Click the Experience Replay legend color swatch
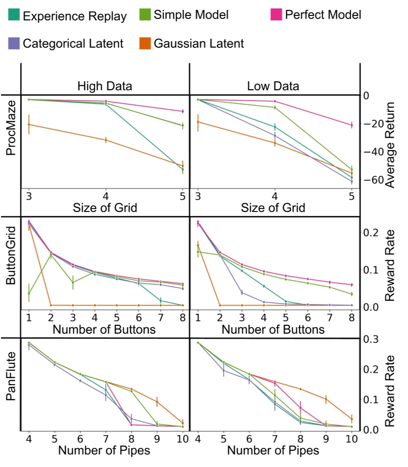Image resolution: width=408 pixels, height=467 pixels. click(x=14, y=15)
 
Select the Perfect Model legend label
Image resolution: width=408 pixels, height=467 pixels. click(x=323, y=14)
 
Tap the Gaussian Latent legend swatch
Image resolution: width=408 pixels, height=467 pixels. click(x=145, y=43)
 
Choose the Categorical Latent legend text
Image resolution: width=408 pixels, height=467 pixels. click(x=73, y=43)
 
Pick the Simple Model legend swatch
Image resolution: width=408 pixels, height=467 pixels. click(x=145, y=15)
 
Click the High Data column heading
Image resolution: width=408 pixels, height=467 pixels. click(x=105, y=86)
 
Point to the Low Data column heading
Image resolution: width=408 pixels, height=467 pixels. click(x=273, y=86)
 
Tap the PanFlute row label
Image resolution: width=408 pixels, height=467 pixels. click(x=11, y=383)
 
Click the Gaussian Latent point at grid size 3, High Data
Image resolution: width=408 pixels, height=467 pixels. click(x=29, y=124)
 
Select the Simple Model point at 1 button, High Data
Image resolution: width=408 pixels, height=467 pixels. click(x=29, y=293)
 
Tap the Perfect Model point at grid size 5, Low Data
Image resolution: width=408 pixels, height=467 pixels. click(x=352, y=125)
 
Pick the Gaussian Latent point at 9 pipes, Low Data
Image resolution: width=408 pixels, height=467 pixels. click(x=326, y=399)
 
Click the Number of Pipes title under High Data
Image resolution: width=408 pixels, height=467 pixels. click(x=104, y=450)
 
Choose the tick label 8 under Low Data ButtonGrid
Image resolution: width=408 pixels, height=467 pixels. click(x=352, y=317)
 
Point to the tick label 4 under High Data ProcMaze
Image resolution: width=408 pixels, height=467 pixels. click(x=106, y=196)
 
